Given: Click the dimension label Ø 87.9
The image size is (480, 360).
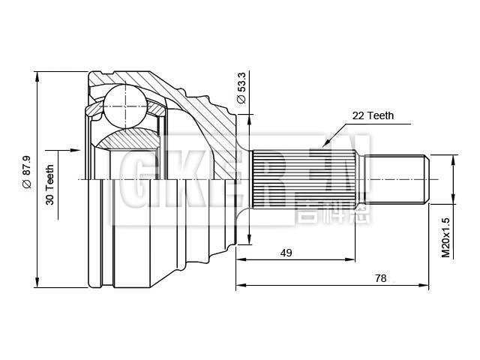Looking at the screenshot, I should click(x=25, y=172).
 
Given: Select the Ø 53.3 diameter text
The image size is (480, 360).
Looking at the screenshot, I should click(x=241, y=88).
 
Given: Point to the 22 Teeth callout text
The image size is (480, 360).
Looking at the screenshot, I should click(x=373, y=116).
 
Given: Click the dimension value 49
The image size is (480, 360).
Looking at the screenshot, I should click(x=286, y=253).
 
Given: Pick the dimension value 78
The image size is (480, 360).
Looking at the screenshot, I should click(x=380, y=277).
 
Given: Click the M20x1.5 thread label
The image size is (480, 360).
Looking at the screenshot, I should click(x=445, y=238).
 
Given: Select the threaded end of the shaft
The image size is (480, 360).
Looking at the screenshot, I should click(x=397, y=179).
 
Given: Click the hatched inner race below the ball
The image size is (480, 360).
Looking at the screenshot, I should click(x=127, y=138).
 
